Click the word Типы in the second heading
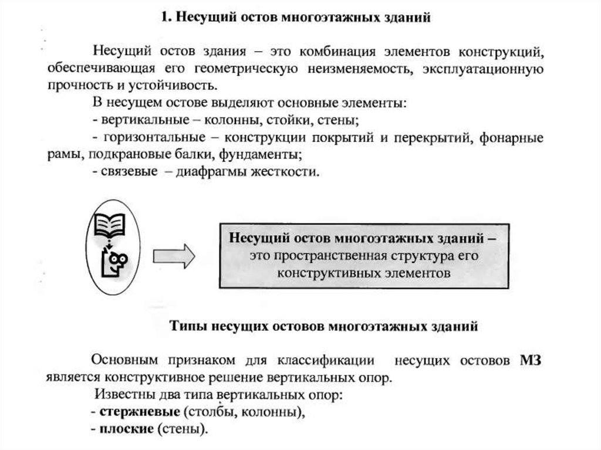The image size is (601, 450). (x=187, y=325)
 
